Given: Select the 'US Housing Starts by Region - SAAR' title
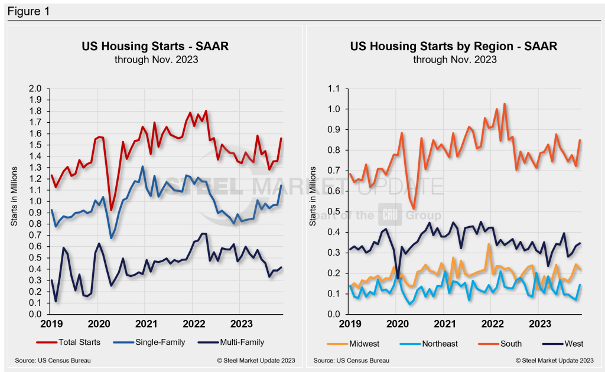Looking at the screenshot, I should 454,46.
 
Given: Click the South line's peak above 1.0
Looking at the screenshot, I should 505,104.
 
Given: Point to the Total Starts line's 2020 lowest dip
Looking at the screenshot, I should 111,210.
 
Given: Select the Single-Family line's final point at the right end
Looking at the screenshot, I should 281,185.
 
